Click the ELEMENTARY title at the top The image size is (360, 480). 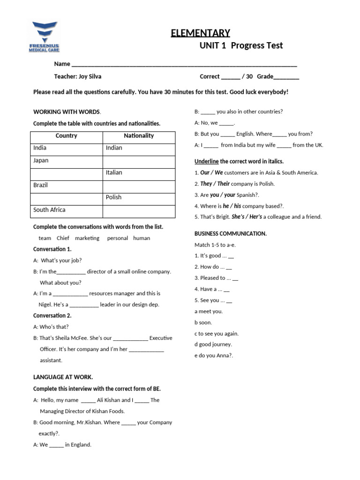(x=200, y=33)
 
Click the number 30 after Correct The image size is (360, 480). (x=249, y=76)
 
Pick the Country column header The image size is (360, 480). (x=66, y=136)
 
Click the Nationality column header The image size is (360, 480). (x=139, y=136)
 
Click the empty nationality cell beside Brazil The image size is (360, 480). (x=139, y=185)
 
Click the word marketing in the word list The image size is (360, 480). (x=87, y=238)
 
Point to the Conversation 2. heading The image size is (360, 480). (x=52, y=315)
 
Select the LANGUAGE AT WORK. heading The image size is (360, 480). (x=63, y=377)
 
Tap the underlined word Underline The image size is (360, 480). (x=206, y=161)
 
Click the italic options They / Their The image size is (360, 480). (x=215, y=184)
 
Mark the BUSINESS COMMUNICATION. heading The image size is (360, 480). (x=231, y=233)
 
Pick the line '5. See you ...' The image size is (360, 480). (x=213, y=300)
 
